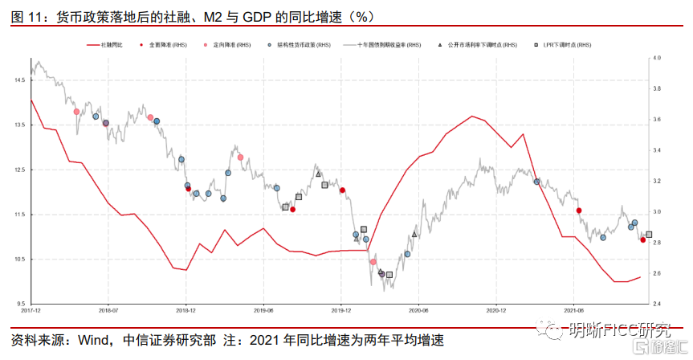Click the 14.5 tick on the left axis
click(18, 80)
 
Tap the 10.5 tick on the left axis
click(18, 260)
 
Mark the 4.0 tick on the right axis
click(657, 59)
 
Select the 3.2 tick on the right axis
click(657, 182)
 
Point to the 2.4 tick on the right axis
click(657, 304)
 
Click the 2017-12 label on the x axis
click(31, 309)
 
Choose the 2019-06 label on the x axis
click(264, 309)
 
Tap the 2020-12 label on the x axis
click(497, 309)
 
